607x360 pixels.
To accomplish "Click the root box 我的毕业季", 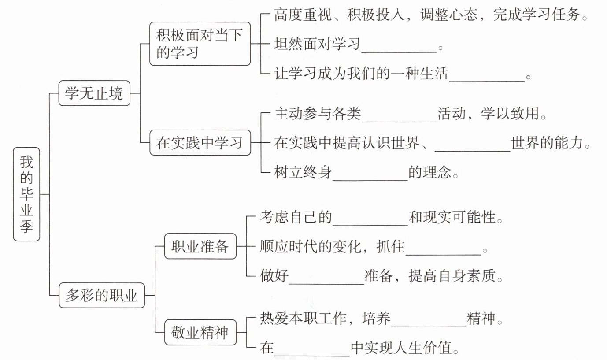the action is pos(26,194).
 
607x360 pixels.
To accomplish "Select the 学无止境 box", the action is pos(94,93).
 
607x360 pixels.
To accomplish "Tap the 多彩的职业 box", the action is pos(102,295).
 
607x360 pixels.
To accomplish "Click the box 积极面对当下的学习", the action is pos(200,44).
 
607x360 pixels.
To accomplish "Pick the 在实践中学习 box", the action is pos(200,143).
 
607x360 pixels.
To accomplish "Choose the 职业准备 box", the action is pos(200,246).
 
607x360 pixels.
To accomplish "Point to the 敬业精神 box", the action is pos(200,332).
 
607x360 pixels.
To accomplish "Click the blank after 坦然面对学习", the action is pos(399,52).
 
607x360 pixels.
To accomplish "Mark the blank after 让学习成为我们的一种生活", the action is pos(487,81).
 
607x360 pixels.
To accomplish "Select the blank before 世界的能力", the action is pos(473,151).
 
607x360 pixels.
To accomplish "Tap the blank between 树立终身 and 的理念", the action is pos(370,180).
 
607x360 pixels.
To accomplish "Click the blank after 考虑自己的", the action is pos(370,225).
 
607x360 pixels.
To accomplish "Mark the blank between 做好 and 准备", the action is pos(326,284).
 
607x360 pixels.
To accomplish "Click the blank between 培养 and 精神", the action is pos(429,326).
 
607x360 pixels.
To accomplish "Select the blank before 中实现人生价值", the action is pos(312,356).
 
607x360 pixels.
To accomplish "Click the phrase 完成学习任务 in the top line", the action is pos(537,15).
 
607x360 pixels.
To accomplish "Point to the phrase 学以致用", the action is pos(510,113).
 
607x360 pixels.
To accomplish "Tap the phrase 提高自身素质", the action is pos(452,276).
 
